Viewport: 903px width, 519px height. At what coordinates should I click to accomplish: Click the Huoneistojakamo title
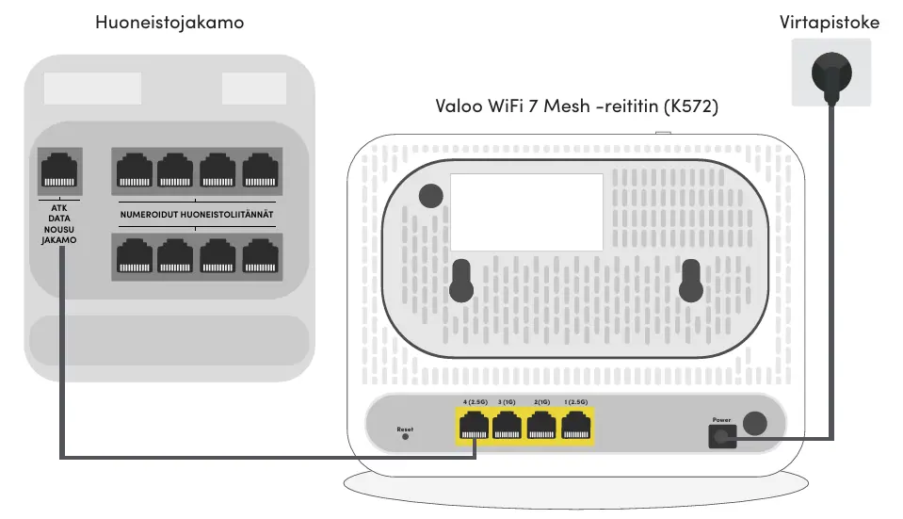169,22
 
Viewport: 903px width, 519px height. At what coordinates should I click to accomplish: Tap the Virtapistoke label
830,22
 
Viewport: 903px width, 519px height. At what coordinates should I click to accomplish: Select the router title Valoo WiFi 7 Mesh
576,107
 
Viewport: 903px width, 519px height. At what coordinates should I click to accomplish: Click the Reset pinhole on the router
405,436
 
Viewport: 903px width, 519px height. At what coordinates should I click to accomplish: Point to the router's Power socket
722,434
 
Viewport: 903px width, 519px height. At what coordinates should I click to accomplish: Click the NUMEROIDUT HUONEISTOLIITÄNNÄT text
197,214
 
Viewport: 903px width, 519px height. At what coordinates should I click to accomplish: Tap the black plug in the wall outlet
830,73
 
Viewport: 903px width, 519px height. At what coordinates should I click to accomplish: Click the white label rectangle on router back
526,212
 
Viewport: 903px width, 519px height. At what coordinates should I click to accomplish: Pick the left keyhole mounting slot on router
460,278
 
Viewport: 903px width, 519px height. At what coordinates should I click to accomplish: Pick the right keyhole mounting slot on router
692,280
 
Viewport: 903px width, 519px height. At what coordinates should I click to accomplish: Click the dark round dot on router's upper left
430,195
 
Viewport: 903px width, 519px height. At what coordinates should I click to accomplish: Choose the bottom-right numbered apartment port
260,256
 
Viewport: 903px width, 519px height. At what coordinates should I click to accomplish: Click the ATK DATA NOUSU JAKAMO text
58,223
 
